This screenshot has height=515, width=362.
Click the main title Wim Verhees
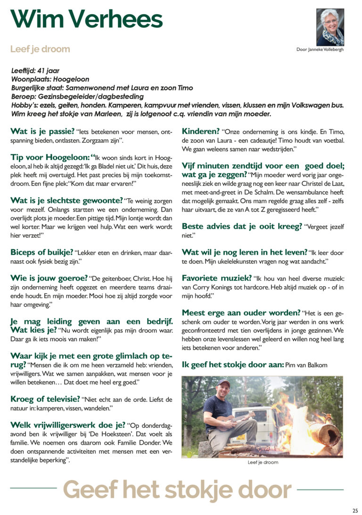[86, 19]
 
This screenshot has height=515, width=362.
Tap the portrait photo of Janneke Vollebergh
[330, 27]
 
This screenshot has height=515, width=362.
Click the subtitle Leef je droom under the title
[40, 49]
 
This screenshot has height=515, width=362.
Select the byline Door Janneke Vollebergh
[320, 50]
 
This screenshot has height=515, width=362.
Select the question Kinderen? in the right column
[201, 131]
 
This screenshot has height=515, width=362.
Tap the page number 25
[355, 510]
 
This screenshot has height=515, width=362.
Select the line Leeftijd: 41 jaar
[35, 71]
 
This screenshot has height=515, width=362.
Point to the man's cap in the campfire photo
[224, 383]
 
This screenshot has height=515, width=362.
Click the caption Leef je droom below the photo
[263, 462]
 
